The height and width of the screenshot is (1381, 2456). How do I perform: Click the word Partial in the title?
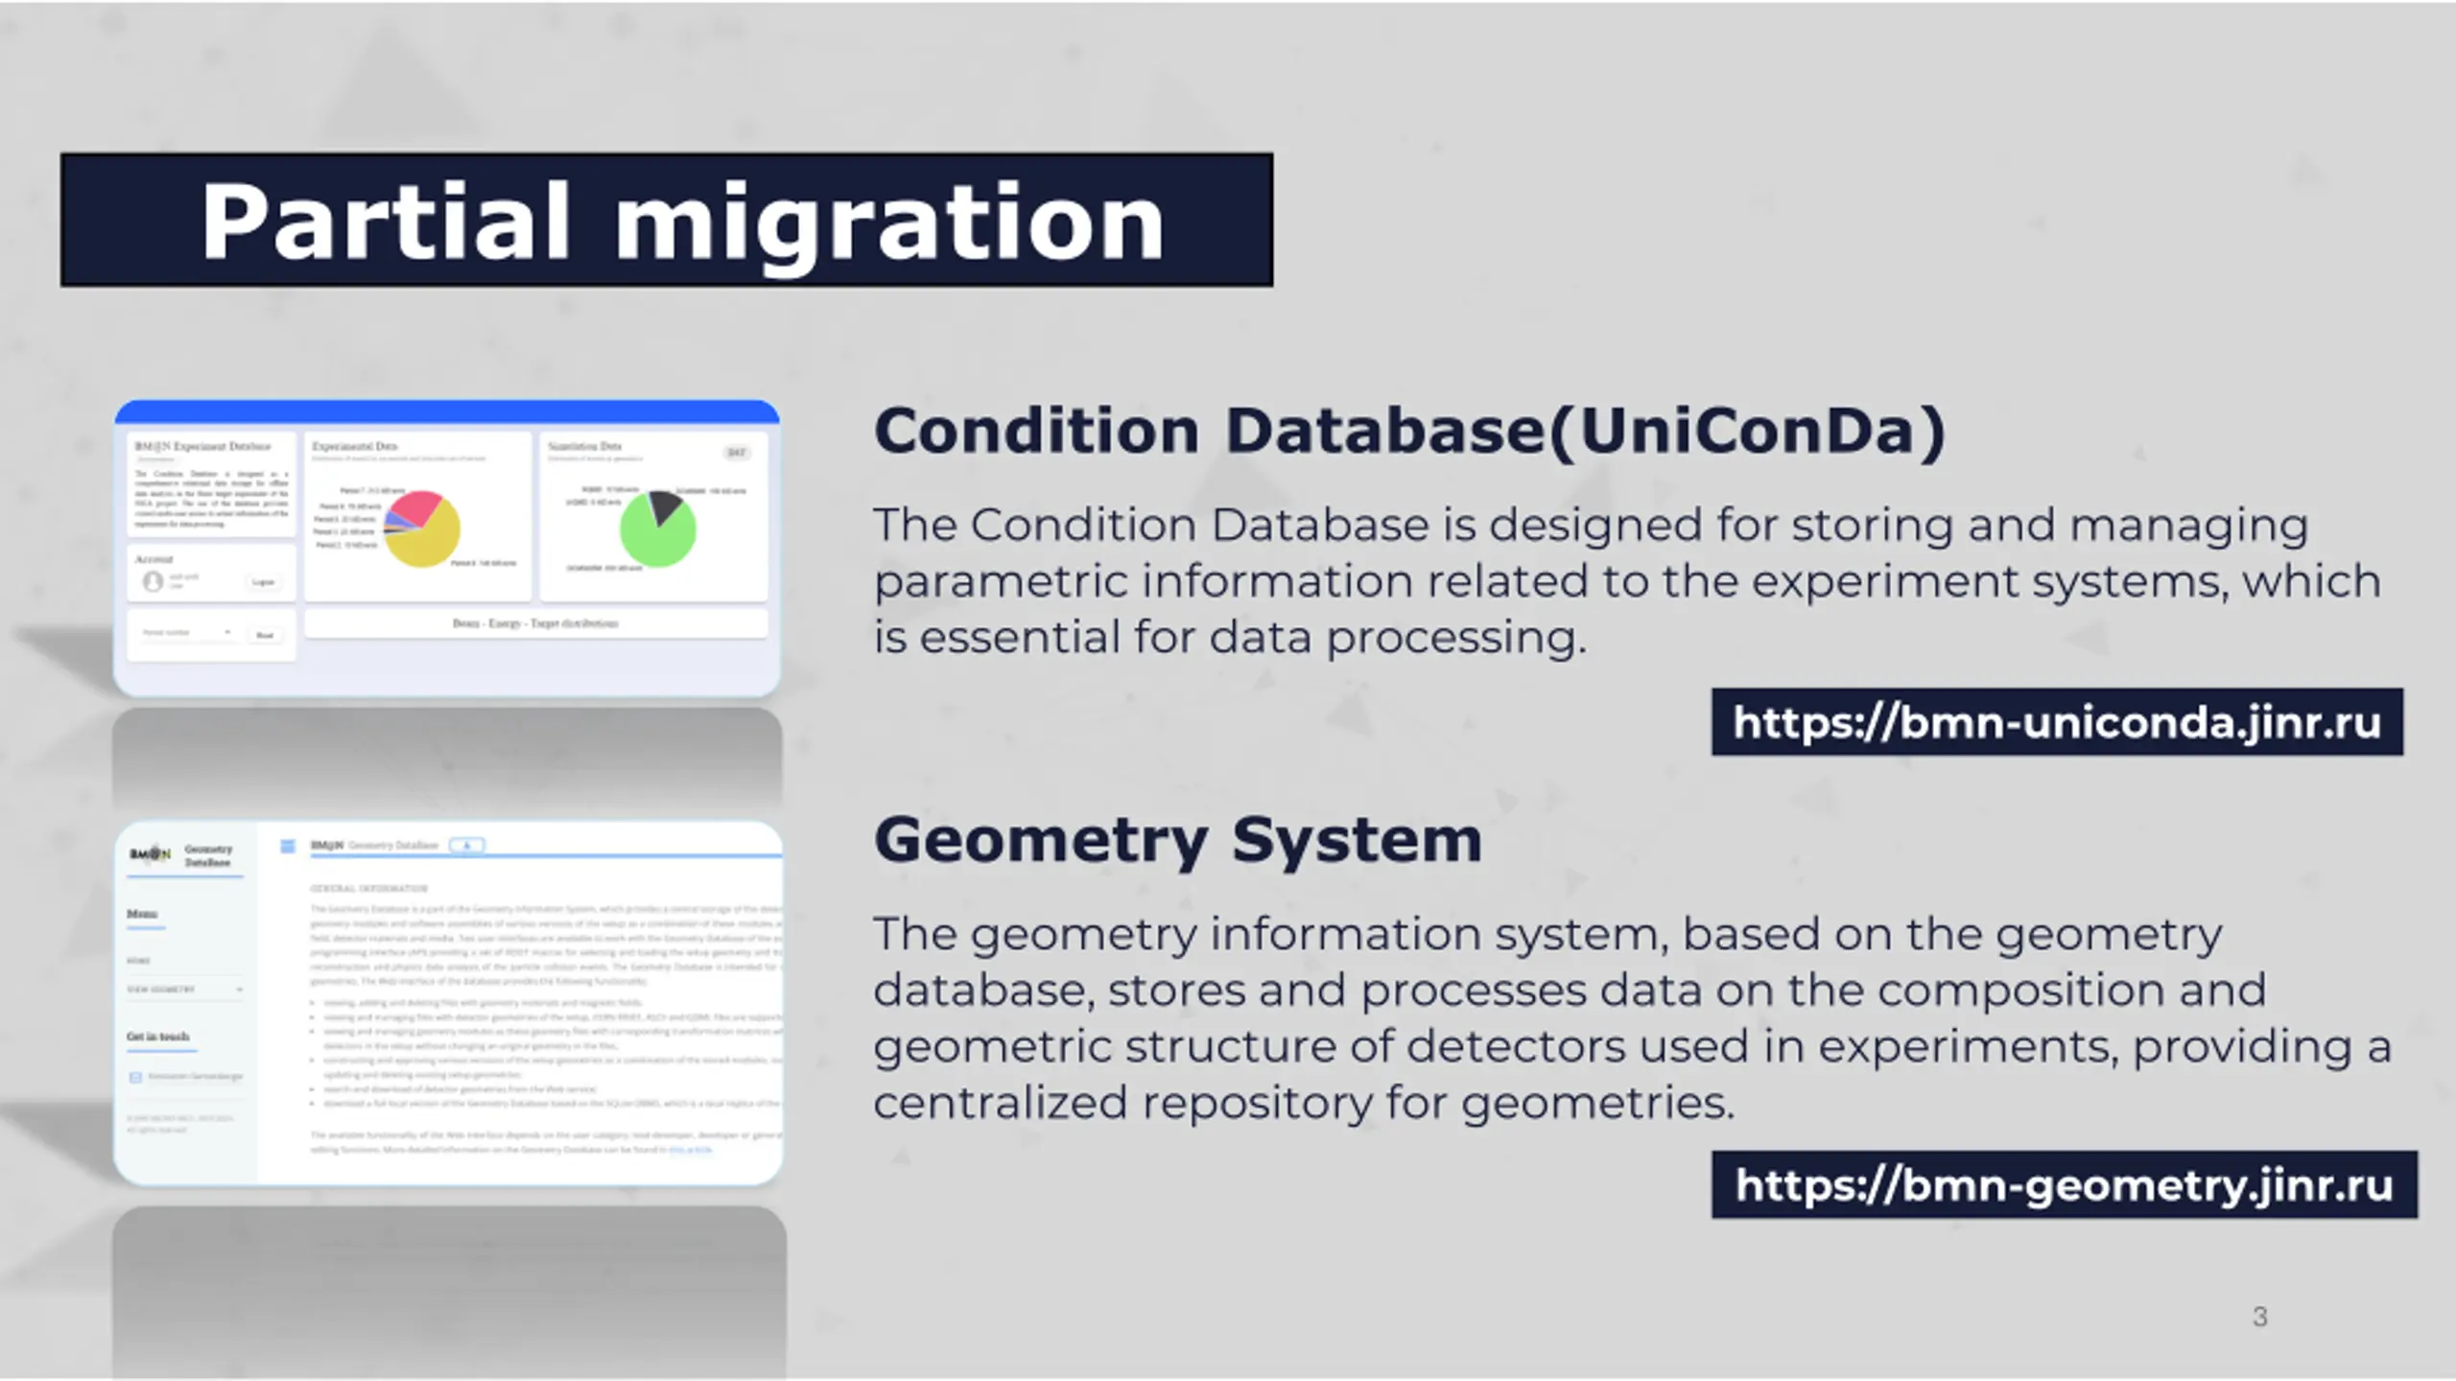tap(384, 222)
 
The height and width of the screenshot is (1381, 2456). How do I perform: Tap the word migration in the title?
tap(888, 222)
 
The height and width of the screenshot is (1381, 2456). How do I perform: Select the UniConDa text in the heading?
tap(1747, 431)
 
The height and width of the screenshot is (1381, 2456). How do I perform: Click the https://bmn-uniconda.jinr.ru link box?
tap(2056, 722)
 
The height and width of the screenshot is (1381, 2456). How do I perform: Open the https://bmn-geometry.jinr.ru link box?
tap(2064, 1185)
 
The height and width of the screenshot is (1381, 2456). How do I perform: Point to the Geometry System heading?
tap(1177, 841)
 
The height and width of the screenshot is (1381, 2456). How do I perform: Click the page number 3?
tap(2259, 1317)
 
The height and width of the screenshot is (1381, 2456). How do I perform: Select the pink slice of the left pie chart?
tap(418, 506)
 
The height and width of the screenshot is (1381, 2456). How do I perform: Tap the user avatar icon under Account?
tap(153, 581)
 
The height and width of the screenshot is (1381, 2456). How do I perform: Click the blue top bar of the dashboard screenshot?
tap(447, 412)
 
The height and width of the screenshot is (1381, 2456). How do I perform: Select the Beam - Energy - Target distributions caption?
tap(535, 623)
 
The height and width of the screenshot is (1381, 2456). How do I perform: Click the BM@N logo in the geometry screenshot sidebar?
tap(150, 854)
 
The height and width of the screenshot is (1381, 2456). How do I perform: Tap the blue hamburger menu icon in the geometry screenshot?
tap(287, 846)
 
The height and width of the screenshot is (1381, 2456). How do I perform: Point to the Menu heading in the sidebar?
tap(142, 914)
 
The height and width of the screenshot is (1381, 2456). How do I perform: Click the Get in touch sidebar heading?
tap(158, 1037)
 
